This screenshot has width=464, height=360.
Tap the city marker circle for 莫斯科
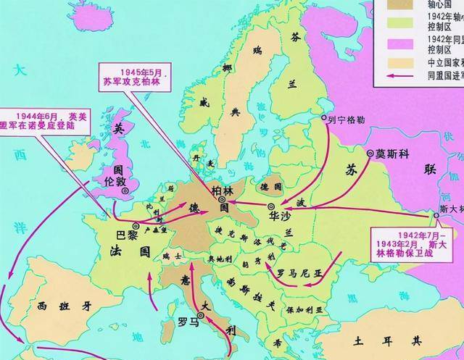point(370,154)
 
